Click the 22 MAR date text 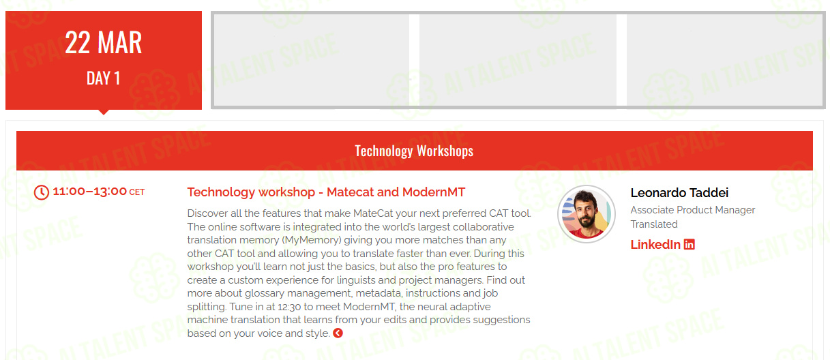click(104, 42)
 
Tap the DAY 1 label click(104, 78)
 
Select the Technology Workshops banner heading click(414, 151)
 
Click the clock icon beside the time click(42, 192)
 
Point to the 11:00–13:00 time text click(89, 191)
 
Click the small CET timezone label click(136, 192)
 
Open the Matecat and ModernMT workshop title click(326, 192)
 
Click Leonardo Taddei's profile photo click(587, 214)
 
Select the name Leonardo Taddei click(679, 192)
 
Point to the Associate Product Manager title click(692, 210)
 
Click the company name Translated click(654, 224)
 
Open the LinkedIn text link click(655, 245)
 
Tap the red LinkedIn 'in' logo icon click(690, 245)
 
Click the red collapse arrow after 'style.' click(338, 333)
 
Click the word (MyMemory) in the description click(312, 240)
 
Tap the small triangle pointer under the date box click(104, 112)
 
